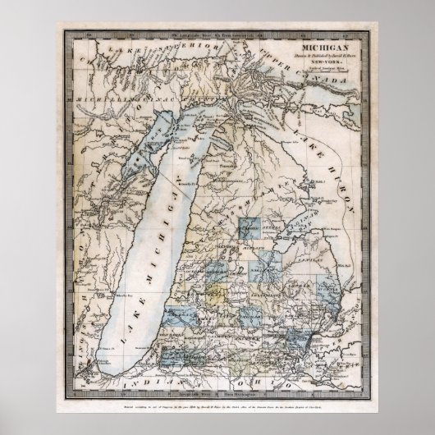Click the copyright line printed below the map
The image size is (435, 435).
tap(217, 399)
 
